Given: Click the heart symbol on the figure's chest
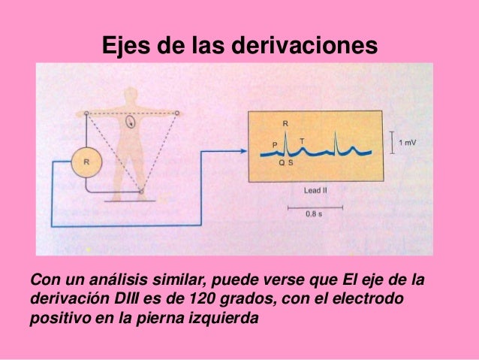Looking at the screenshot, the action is (131, 120).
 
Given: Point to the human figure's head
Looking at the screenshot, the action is (131, 96).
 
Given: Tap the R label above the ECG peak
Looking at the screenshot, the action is (285, 123).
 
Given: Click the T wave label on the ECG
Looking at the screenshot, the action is (302, 141).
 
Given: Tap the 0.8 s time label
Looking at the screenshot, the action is (315, 215).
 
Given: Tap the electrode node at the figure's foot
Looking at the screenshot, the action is (142, 192).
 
